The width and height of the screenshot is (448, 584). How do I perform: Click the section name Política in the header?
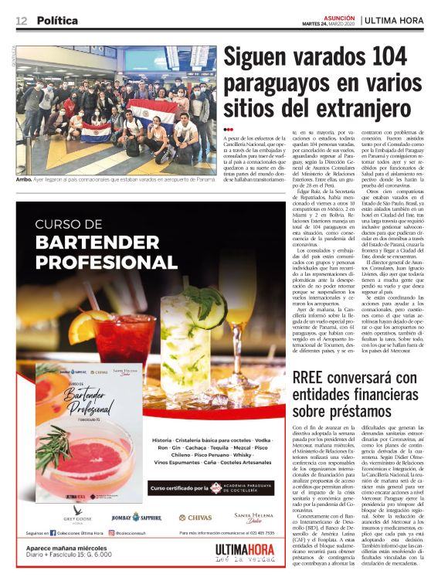[57, 20]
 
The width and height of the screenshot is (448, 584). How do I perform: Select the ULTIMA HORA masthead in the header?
[400, 21]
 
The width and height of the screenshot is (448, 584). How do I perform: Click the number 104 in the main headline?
[385, 58]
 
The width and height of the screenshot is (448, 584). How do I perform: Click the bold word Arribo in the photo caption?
[24, 179]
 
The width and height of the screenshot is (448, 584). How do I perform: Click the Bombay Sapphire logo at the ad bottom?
[136, 516]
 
